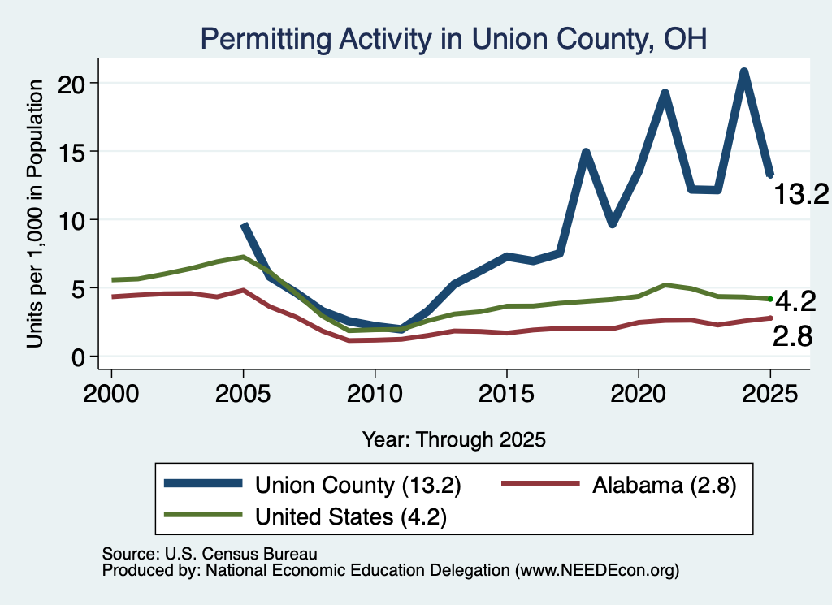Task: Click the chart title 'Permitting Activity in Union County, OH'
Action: click(453, 39)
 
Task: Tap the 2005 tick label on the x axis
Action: click(243, 394)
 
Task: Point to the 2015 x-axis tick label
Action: click(507, 394)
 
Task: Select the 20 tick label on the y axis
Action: click(71, 84)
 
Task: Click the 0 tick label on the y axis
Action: click(78, 357)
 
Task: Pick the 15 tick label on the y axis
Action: click(71, 152)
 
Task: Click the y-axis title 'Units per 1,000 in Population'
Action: click(35, 214)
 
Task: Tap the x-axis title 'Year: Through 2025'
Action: click(453, 439)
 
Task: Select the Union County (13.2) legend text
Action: click(358, 485)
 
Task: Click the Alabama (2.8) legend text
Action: click(665, 485)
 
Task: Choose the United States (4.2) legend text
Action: click(351, 516)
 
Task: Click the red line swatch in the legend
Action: click(540, 483)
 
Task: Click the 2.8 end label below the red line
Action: click(792, 336)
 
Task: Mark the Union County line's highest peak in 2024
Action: click(744, 72)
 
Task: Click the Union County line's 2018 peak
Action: click(586, 153)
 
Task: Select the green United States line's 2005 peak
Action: click(243, 257)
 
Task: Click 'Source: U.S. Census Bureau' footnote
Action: click(210, 554)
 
